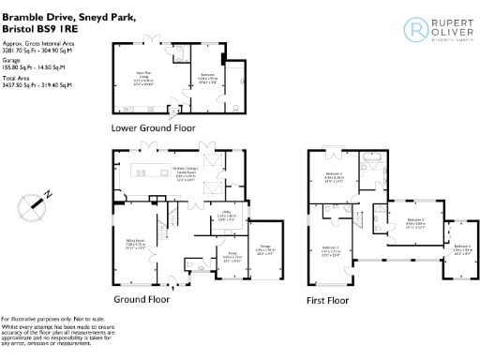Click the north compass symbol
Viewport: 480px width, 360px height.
[35, 202]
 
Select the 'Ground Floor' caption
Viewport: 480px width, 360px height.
[142, 300]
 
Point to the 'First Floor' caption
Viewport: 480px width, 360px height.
[327, 301]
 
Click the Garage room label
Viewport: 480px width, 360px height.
[265, 250]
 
